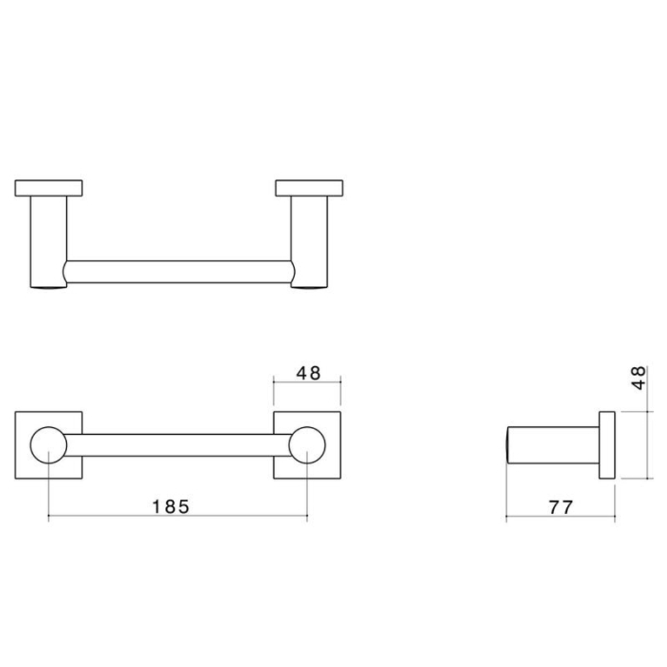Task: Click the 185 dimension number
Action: click(x=170, y=506)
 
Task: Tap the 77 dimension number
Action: click(x=561, y=507)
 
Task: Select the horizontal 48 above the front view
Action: click(x=308, y=373)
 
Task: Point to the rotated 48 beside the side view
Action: click(x=639, y=377)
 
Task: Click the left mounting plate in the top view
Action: click(x=49, y=188)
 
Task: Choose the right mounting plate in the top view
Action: click(x=309, y=188)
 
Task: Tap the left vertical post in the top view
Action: click(x=48, y=241)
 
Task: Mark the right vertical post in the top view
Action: click(x=309, y=241)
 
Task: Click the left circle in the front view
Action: click(x=48, y=445)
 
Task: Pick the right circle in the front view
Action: click(x=308, y=445)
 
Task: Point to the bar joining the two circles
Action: click(x=178, y=445)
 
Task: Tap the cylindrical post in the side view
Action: click(x=553, y=445)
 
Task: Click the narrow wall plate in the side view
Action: click(x=606, y=445)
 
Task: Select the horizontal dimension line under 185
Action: click(x=178, y=517)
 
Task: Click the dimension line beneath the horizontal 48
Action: click(x=307, y=383)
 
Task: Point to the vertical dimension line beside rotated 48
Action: click(x=647, y=445)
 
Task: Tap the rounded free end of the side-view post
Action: click(x=509, y=445)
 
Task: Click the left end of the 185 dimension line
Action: click(x=49, y=517)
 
